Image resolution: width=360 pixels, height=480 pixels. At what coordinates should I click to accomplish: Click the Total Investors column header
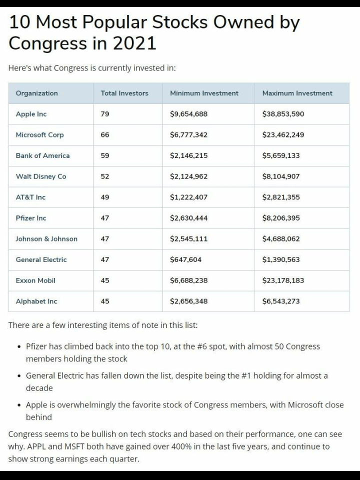(124, 93)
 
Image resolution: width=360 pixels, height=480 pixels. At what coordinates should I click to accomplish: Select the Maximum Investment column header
(297, 93)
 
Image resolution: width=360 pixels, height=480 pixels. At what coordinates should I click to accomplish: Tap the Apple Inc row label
(31, 114)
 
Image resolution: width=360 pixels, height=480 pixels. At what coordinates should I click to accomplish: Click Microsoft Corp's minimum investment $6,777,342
(188, 135)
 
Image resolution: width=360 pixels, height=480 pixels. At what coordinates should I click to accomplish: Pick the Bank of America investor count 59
(105, 155)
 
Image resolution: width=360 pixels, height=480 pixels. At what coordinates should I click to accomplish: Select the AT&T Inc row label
(30, 197)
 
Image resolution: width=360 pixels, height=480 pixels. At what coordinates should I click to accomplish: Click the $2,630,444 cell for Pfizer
(188, 218)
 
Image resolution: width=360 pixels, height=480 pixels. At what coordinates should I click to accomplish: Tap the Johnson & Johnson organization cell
(46, 239)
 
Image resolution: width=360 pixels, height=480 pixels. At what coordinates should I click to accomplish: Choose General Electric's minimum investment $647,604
(185, 259)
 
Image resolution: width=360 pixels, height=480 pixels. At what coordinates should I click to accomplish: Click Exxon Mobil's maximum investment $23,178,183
(283, 280)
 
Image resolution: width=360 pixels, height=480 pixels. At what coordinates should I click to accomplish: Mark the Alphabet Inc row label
(36, 301)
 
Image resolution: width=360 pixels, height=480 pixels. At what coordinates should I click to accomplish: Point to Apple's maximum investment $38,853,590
(283, 114)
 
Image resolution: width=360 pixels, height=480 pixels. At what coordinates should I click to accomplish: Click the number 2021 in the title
(134, 43)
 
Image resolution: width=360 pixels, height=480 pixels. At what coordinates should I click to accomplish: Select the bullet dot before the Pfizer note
(18, 346)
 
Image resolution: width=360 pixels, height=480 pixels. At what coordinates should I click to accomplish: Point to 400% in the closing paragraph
(209, 446)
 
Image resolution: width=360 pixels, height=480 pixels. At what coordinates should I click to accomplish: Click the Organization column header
(36, 93)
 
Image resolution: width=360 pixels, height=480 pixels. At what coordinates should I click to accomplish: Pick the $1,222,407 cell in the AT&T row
(188, 197)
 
